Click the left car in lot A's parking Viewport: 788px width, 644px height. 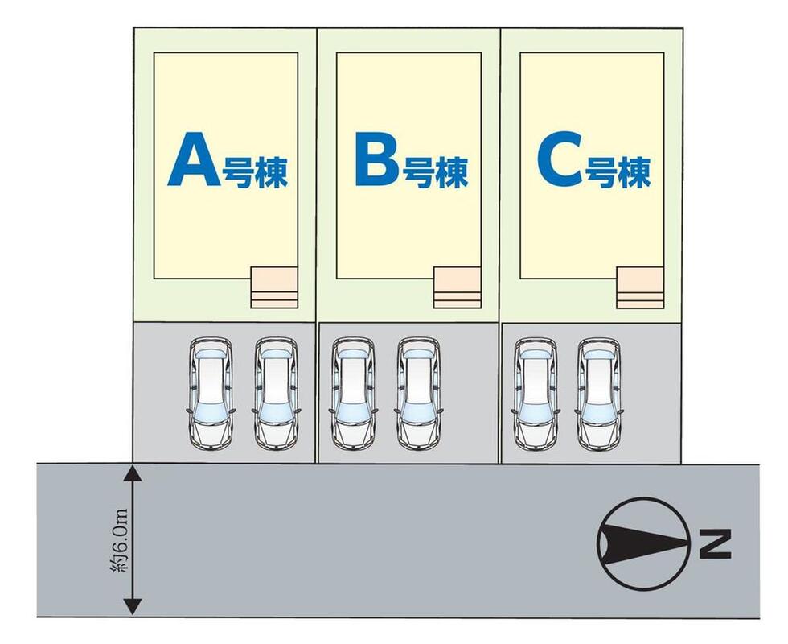[x=211, y=392]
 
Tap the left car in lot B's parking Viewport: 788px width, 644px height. [x=353, y=392]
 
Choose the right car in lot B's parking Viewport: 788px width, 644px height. [x=418, y=392]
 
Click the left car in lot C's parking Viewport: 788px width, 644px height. [x=536, y=392]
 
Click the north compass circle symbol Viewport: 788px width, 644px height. [x=642, y=543]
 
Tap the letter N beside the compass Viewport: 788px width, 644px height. [x=715, y=544]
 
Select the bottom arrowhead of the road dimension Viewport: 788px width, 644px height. [x=133, y=609]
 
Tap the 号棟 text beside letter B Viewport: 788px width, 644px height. [x=435, y=171]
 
